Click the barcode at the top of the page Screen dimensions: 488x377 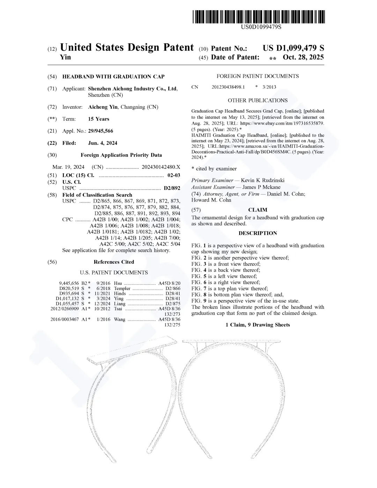[x=258, y=17]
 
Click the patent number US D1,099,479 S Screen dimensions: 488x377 [x=293, y=48]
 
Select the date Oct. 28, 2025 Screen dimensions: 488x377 [x=303, y=57]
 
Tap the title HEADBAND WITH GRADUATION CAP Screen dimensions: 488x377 [x=113, y=77]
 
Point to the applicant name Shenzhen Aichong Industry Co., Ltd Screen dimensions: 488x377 [x=133, y=89]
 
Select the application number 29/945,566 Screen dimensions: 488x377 [x=101, y=131]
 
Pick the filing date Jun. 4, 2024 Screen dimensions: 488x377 [x=103, y=143]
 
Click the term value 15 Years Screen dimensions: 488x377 [x=98, y=119]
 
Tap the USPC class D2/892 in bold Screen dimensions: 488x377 [x=172, y=188]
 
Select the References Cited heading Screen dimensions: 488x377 [x=114, y=262]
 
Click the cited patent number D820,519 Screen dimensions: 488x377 [x=69, y=289]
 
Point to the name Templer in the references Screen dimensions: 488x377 [x=122, y=289]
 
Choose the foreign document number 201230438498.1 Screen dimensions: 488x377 [x=228, y=87]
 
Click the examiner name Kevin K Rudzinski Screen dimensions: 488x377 [x=263, y=180]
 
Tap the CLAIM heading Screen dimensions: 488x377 [x=258, y=210]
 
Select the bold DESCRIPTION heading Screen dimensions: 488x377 [x=258, y=233]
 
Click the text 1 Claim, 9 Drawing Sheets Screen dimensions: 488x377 [x=258, y=325]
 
